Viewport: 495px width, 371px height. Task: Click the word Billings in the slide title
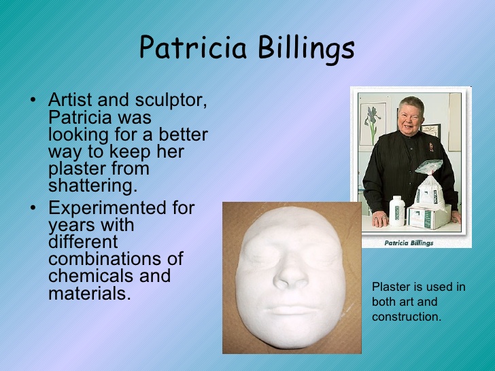tap(306, 48)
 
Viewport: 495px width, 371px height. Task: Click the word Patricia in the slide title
tap(192, 48)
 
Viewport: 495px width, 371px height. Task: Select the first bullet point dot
tap(33, 100)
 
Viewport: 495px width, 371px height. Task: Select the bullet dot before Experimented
tap(33, 208)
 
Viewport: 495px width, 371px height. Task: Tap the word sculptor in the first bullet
tap(171, 101)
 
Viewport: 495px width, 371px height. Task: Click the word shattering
tap(92, 185)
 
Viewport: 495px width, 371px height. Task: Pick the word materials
tap(90, 293)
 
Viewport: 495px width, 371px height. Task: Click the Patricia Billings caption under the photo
tap(409, 243)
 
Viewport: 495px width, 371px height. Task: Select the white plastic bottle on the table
tap(397, 211)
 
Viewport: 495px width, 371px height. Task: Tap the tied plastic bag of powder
tap(429, 186)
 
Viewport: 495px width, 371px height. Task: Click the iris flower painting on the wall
tap(373, 124)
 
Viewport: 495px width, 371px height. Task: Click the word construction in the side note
tap(407, 317)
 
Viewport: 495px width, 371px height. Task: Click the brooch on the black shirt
tap(431, 146)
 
